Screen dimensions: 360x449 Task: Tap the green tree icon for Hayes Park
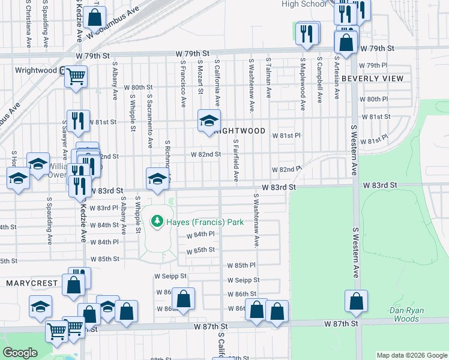point(158,221)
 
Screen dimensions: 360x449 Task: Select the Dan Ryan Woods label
point(407,314)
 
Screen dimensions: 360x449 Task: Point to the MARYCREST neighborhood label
point(32,283)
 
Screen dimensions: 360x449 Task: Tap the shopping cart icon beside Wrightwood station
point(76,76)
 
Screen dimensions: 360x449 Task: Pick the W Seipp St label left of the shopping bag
point(170,277)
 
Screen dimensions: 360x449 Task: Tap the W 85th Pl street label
point(241,265)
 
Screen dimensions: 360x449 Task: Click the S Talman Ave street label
point(269,78)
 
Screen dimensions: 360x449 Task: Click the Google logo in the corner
point(20,353)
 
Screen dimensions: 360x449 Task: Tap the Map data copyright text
point(412,355)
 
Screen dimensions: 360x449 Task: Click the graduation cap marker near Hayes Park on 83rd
point(157,178)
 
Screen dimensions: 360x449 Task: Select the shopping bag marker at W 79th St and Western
point(346,43)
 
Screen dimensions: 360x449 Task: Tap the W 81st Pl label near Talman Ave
point(286,136)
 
